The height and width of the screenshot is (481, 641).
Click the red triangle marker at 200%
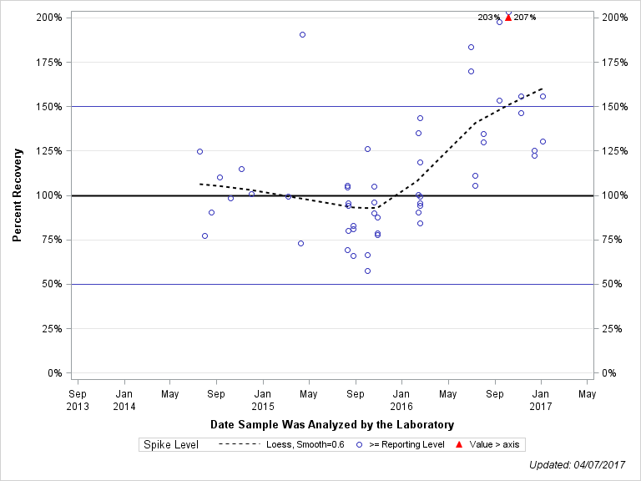click(508, 17)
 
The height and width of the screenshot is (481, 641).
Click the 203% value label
click(489, 18)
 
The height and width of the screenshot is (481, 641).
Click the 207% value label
click(525, 18)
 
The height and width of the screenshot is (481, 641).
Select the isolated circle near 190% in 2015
click(302, 35)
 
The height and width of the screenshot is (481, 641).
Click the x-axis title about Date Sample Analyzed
click(332, 424)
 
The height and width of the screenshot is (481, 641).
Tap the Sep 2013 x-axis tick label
click(77, 399)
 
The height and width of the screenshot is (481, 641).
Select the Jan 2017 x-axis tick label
click(541, 399)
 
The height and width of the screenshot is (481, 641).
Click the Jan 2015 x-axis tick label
click(263, 399)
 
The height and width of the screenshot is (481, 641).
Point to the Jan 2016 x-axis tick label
click(401, 399)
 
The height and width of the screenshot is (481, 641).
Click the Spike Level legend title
click(170, 444)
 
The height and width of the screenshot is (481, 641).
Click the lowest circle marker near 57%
click(367, 271)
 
